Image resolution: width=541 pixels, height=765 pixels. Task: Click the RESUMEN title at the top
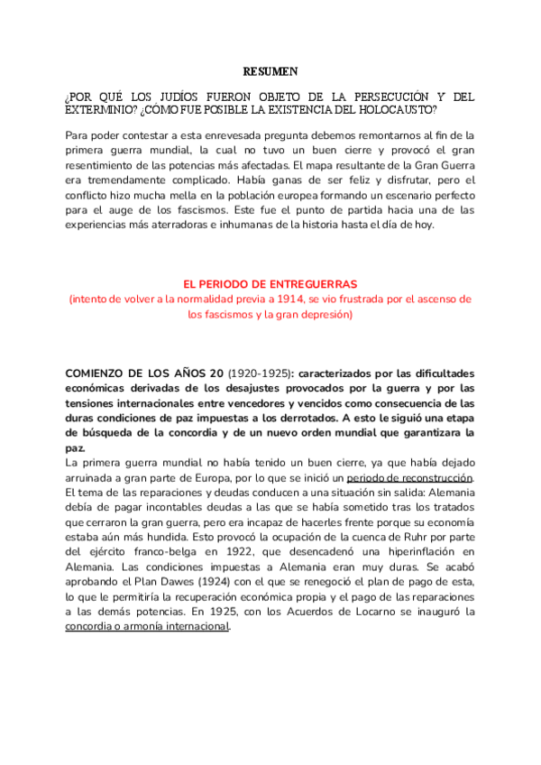[270, 70]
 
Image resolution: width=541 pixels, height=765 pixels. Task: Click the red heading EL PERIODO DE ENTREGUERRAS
[270, 284]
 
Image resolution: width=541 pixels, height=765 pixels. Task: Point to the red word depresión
[326, 315]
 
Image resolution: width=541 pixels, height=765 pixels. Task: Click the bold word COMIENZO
[101, 373]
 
